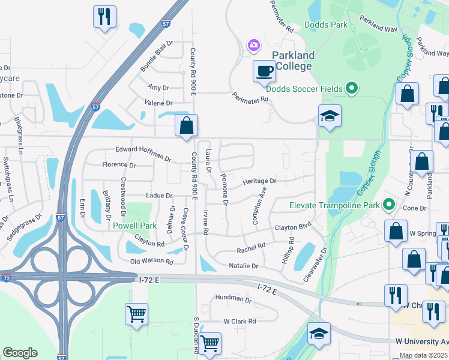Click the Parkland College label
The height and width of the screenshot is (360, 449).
click(293, 61)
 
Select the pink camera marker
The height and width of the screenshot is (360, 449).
click(254, 45)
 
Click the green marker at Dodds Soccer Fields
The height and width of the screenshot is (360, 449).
click(353, 89)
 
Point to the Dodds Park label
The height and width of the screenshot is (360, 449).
click(326, 25)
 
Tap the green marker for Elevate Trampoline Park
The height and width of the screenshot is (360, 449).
click(388, 205)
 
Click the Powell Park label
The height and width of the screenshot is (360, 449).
click(134, 226)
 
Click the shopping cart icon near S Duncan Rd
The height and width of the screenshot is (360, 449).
click(209, 344)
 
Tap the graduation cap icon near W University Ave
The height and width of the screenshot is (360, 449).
click(319, 334)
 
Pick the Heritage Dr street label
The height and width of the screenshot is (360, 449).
click(259, 181)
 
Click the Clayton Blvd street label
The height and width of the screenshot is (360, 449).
click(294, 228)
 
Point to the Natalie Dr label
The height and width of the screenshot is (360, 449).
click(243, 265)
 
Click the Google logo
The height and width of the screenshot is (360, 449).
click(20, 352)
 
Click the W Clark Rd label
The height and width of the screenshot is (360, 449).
click(240, 321)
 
